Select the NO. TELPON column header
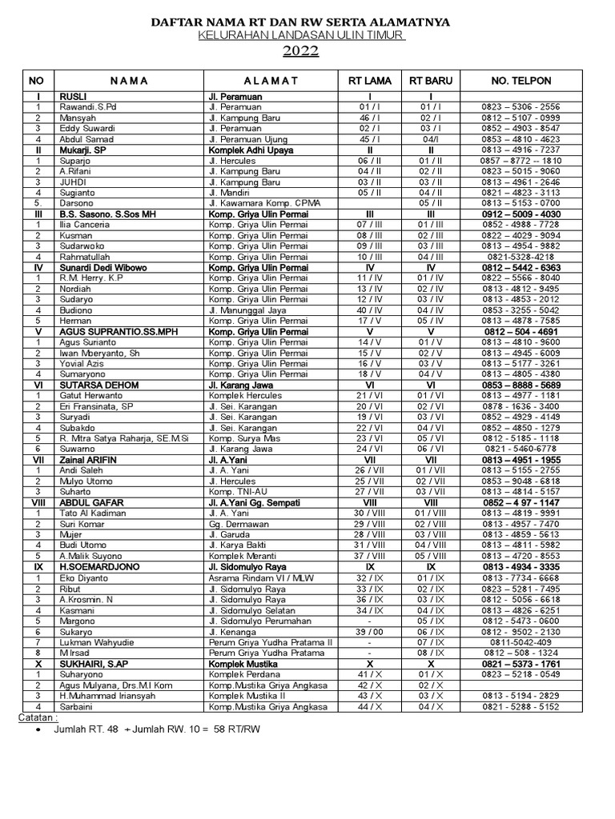click(x=521, y=81)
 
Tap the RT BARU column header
click(x=431, y=81)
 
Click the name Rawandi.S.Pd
click(x=88, y=107)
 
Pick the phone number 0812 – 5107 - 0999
click(x=521, y=118)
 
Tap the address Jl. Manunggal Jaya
click(x=251, y=310)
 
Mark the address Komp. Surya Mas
click(x=245, y=439)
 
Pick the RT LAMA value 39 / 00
click(x=370, y=631)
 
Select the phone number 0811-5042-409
click(x=521, y=641)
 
